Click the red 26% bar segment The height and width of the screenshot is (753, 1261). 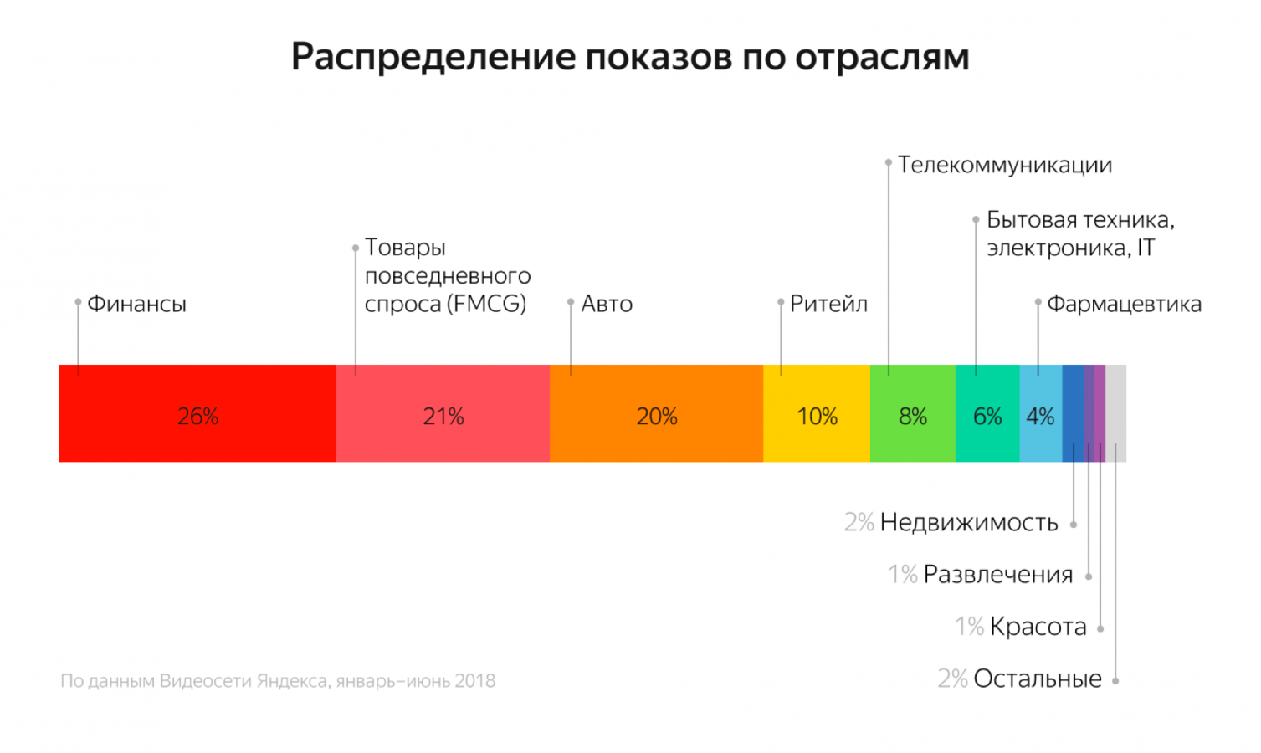[197, 413]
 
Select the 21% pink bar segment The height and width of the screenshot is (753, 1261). [443, 413]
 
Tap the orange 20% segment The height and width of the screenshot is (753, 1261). [656, 413]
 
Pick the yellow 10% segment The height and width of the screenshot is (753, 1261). [817, 413]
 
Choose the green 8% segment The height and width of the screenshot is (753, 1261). [912, 413]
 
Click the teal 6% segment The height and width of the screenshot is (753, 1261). [987, 413]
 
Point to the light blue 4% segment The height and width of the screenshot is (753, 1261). [1040, 413]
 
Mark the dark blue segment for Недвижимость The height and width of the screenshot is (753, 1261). [1073, 413]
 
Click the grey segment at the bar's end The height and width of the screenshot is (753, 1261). [1116, 413]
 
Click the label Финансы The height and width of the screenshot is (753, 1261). [136, 304]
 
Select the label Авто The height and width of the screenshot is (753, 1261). [607, 304]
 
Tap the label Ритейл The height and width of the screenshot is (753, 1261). [828, 304]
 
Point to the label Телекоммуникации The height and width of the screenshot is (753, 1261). [1005, 165]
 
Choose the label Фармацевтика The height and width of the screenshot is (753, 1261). [1124, 304]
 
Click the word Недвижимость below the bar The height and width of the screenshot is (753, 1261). [969, 523]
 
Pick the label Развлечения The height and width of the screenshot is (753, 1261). [997, 575]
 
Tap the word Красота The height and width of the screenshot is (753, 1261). [1038, 627]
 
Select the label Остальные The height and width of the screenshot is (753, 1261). [1038, 679]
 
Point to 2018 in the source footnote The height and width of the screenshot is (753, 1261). [475, 681]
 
